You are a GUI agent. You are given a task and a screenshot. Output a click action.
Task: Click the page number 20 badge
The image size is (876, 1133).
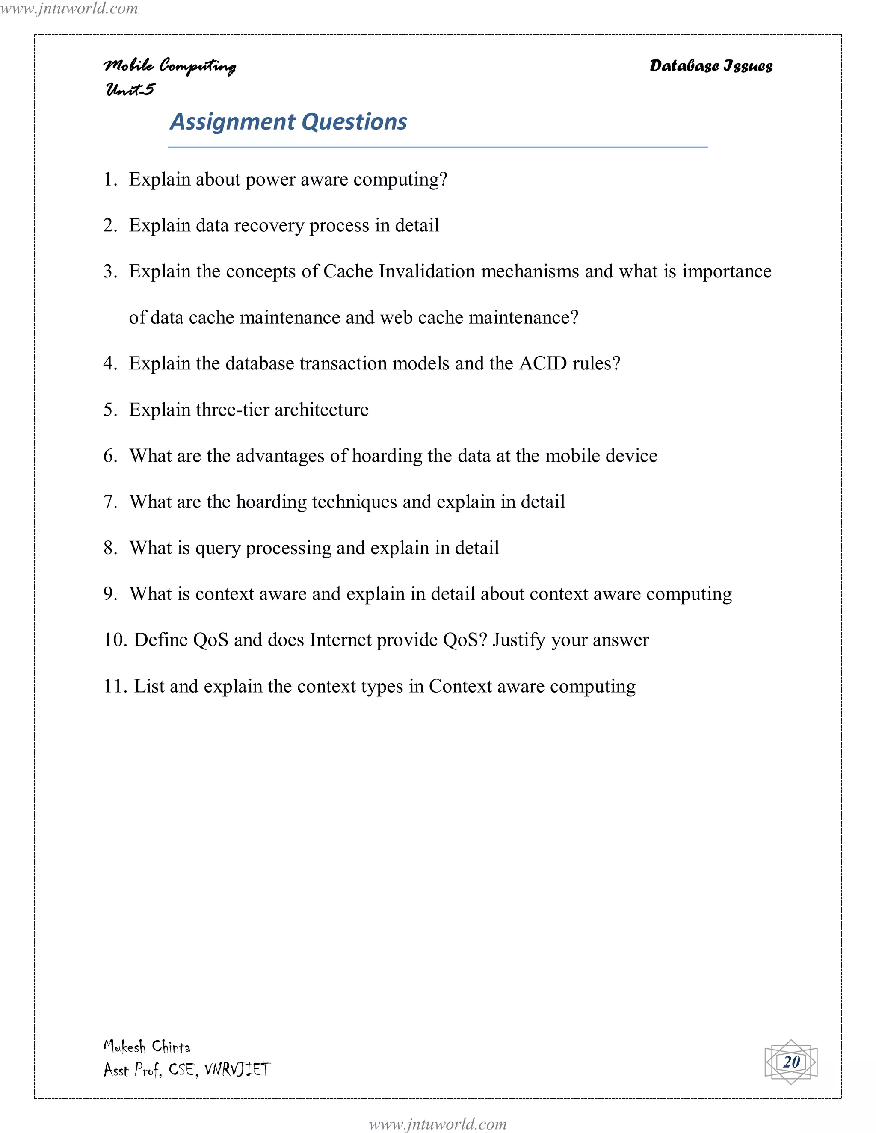point(791,1062)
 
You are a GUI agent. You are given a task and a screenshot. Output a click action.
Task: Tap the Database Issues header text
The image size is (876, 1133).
point(710,66)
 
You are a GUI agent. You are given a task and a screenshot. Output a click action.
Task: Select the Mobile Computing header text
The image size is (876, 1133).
point(170,66)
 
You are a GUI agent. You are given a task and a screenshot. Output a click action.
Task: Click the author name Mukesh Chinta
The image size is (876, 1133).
point(147,1046)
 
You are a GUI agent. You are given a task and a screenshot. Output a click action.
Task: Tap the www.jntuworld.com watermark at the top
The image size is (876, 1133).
point(69,8)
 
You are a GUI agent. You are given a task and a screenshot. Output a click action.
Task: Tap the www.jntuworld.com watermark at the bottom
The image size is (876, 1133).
point(438,1124)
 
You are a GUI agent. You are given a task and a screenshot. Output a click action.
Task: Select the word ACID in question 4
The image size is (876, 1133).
point(543,363)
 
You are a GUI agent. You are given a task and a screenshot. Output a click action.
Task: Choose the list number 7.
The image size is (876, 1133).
point(110,502)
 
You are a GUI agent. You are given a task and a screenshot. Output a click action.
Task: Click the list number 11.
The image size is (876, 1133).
point(114,686)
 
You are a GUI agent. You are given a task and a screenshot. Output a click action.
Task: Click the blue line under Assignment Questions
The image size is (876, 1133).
point(438,147)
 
